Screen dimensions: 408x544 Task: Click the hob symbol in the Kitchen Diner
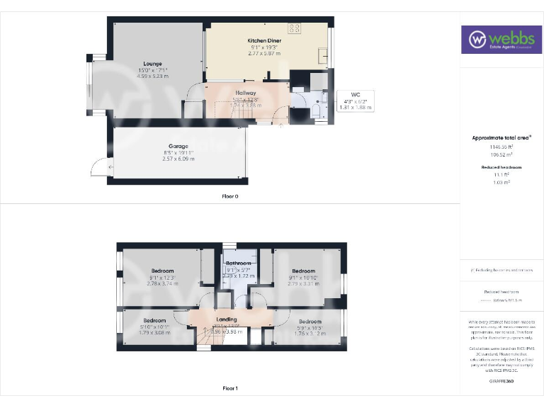coord(295,28)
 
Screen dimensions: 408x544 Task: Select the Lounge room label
coord(152,63)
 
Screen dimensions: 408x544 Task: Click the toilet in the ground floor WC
coord(317,113)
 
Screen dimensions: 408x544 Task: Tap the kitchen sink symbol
coord(324,56)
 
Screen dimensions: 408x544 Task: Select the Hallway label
coord(246,93)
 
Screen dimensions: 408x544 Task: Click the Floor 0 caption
coord(229,195)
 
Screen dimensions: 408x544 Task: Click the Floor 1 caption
coord(229,387)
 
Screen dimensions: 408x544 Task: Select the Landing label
coord(227,319)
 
